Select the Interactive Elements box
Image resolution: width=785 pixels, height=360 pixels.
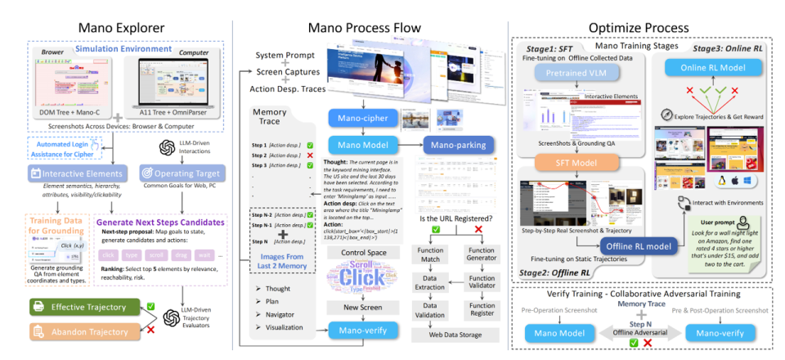75,173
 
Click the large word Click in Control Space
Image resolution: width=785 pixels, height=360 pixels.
357,278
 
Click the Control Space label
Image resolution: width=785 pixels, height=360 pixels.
358,254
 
